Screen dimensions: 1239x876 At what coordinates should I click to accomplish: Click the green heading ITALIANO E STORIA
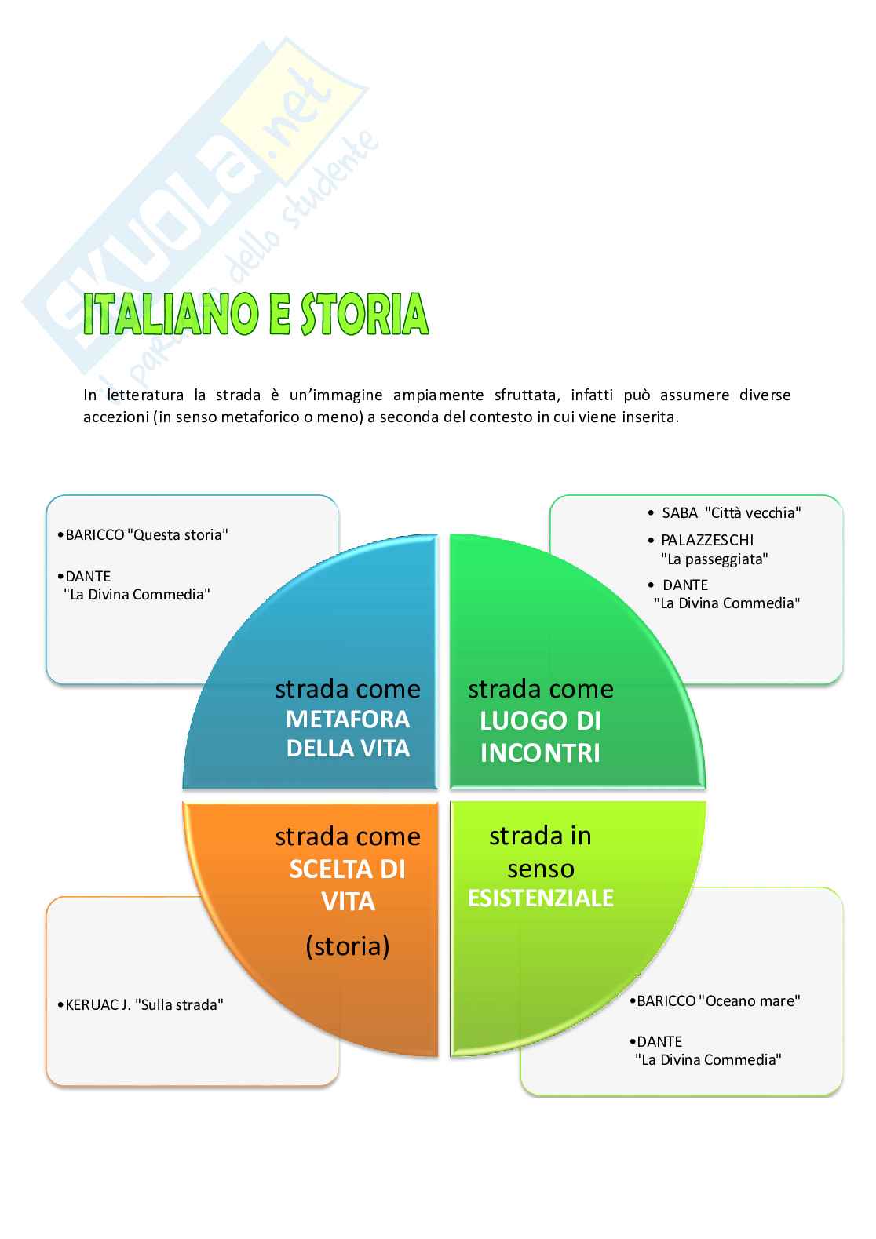256,314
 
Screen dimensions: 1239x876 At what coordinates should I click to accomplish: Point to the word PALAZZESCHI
706,540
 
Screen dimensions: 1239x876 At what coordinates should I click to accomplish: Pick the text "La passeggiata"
714,559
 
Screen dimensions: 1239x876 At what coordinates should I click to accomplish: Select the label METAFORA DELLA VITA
348,734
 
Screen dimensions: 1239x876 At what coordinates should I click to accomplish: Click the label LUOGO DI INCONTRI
540,737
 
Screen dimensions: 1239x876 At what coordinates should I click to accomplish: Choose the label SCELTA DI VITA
348,885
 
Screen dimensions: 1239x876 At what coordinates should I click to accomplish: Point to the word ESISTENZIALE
540,898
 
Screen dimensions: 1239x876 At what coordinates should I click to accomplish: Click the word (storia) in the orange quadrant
348,946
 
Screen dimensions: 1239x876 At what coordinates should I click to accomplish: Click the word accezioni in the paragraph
116,417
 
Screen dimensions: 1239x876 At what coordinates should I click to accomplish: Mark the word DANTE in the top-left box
88,576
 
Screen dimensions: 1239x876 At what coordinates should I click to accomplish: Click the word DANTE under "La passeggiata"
684,585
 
